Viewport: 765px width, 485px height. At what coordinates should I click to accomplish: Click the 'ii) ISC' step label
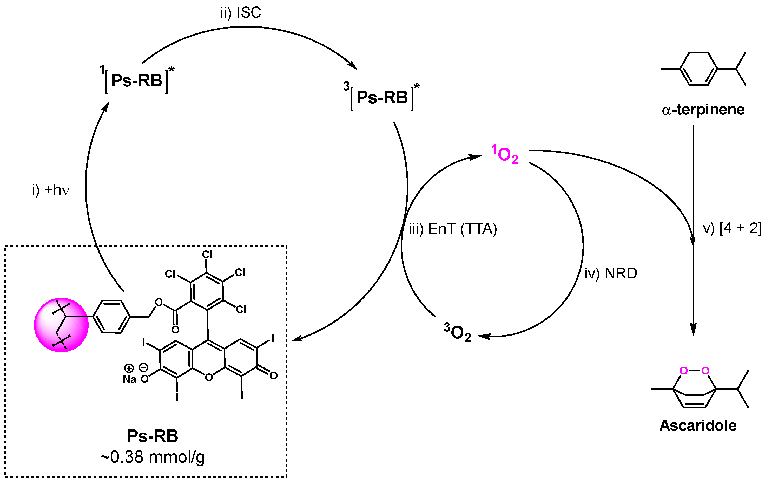[241, 13]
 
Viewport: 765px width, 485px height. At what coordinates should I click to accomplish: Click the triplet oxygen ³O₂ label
[458, 332]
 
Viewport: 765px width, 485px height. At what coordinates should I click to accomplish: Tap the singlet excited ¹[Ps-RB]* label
[137, 80]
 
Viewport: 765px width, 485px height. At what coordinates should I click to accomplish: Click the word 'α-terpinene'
[703, 110]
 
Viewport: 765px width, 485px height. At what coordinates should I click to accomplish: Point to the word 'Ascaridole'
[698, 425]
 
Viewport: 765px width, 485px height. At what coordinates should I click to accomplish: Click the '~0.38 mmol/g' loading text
[152, 457]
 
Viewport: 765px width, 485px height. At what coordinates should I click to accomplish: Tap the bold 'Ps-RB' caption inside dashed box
[153, 436]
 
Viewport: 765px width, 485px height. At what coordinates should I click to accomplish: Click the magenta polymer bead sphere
[61, 325]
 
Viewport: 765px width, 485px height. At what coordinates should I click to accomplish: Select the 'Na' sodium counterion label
[129, 379]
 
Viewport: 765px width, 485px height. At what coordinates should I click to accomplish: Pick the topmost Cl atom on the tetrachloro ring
[207, 254]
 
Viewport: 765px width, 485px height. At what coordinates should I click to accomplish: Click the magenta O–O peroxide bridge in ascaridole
[694, 371]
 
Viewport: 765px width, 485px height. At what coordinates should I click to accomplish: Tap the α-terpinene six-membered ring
[698, 69]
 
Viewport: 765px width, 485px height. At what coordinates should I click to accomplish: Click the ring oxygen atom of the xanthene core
[209, 377]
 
